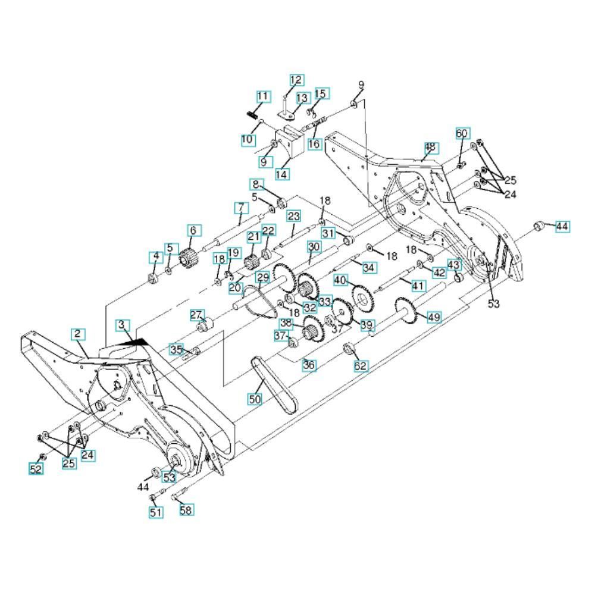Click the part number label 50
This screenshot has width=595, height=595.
click(x=255, y=399)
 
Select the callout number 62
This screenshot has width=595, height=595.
click(x=360, y=365)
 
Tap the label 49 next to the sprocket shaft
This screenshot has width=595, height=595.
click(x=434, y=317)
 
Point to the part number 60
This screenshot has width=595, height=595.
click(x=462, y=133)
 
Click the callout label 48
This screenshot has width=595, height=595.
click(x=430, y=147)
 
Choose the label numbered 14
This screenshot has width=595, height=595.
click(x=281, y=174)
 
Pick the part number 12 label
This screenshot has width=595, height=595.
click(x=296, y=80)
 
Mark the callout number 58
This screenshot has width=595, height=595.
click(x=186, y=510)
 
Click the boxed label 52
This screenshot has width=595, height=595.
click(x=36, y=469)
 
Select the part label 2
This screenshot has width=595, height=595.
click(x=78, y=334)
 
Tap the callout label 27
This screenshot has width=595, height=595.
click(x=196, y=315)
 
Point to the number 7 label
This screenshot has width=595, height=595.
click(x=242, y=208)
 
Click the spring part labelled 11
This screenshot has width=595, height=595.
click(x=252, y=114)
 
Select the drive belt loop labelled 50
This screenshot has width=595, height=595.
click(x=273, y=385)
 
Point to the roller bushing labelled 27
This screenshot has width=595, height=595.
click(x=205, y=326)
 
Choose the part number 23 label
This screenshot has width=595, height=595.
click(x=293, y=217)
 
